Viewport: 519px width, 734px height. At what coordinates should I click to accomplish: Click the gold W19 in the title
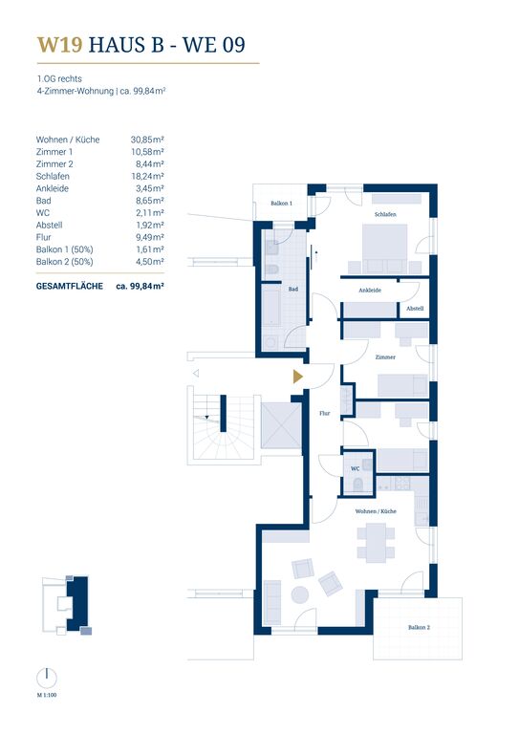[x=60, y=45]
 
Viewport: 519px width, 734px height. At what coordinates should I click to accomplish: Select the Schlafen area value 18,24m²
[x=147, y=177]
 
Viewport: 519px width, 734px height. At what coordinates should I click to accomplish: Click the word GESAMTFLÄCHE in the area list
[x=69, y=286]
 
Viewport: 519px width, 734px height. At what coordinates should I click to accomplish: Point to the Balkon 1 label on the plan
[x=281, y=204]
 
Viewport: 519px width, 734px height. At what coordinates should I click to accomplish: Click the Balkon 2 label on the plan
[x=419, y=627]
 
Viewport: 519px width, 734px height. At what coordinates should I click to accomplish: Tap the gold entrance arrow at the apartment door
[x=297, y=377]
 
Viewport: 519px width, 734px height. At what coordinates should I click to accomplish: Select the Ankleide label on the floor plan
[x=370, y=291]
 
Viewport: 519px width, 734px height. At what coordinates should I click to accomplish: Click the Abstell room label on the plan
[x=415, y=309]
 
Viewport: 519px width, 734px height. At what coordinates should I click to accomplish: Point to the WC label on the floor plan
[x=356, y=468]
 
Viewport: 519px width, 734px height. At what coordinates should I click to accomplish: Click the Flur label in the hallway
[x=324, y=413]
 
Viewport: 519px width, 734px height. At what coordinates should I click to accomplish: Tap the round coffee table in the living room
[x=300, y=595]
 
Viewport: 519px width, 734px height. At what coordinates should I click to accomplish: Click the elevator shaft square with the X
[x=281, y=426]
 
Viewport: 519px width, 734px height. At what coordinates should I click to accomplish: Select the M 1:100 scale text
[x=47, y=695]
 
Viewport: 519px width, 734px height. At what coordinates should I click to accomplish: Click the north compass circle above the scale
[x=47, y=678]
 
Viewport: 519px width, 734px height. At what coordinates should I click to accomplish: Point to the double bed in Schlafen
[x=385, y=248]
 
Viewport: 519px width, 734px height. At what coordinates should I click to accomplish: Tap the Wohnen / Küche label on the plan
[x=376, y=511]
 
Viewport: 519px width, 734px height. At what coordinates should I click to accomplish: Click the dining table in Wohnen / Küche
[x=376, y=543]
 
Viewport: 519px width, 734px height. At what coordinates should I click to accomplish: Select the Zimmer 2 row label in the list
[x=54, y=164]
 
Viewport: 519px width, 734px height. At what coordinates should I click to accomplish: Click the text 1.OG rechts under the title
[x=59, y=78]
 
